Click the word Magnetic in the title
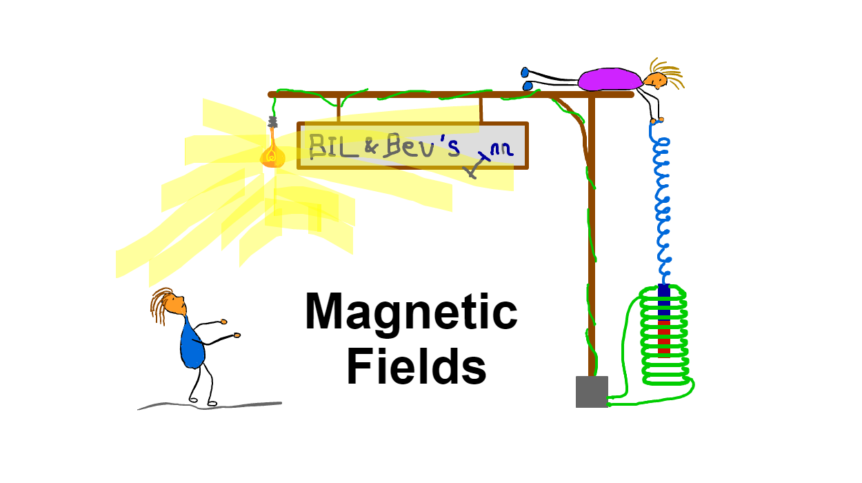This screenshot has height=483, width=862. (x=411, y=313)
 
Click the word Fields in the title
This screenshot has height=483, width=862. (x=416, y=367)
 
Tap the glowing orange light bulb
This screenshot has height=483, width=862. (x=273, y=155)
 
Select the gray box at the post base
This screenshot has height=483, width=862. (x=592, y=392)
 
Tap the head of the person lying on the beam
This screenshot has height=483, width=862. (x=656, y=79)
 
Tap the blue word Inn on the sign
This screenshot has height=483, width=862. (x=501, y=152)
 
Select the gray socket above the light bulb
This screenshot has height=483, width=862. (x=272, y=123)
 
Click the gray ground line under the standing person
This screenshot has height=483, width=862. (x=207, y=406)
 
